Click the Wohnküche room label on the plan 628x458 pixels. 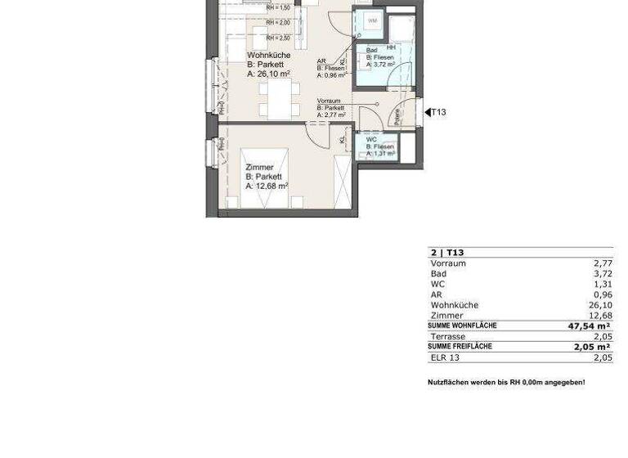click(268, 56)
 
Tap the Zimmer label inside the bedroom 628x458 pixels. click(259, 168)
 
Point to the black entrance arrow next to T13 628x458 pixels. click(427, 113)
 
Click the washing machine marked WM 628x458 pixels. click(372, 20)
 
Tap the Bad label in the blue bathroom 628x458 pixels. click(372, 51)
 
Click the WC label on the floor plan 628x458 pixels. click(372, 140)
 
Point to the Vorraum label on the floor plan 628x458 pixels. click(329, 101)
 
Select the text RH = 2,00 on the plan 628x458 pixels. click(278, 23)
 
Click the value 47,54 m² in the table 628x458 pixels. click(590, 326)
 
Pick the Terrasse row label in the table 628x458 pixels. click(448, 336)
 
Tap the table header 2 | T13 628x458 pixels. click(447, 253)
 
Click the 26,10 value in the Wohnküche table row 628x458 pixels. click(600, 305)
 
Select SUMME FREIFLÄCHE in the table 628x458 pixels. click(460, 347)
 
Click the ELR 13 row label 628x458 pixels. click(445, 357)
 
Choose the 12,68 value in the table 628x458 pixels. click(600, 316)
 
